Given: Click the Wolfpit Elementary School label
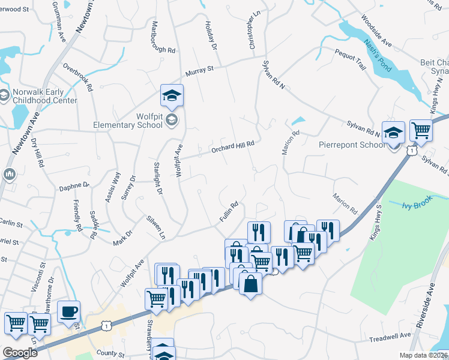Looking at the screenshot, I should [x=127, y=120].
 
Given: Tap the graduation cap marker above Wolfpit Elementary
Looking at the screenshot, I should [x=172, y=96].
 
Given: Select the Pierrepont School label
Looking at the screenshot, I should [x=352, y=145].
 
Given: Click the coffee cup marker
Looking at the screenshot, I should [x=69, y=312].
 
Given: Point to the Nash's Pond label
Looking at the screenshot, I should [x=378, y=55].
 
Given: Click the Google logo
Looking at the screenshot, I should [x=19, y=353].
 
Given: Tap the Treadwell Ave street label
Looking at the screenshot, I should [x=390, y=338].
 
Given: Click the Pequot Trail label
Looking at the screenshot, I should [x=351, y=59].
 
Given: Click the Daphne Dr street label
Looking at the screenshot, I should [x=74, y=188].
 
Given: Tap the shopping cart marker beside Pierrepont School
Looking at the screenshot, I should [x=421, y=130].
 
